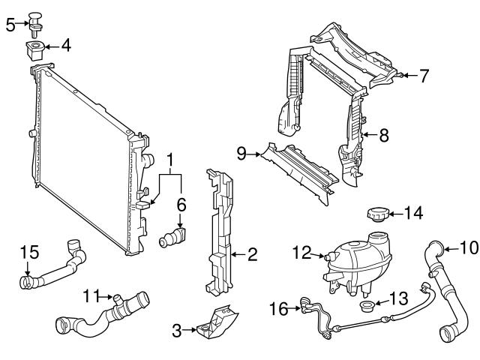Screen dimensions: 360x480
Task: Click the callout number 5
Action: pyautogui.click(x=10, y=24)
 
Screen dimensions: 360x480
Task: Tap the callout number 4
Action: pyautogui.click(x=66, y=46)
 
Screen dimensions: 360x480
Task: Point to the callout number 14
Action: pyautogui.click(x=414, y=213)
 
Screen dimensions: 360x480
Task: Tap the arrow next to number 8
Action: pyautogui.click(x=367, y=136)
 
